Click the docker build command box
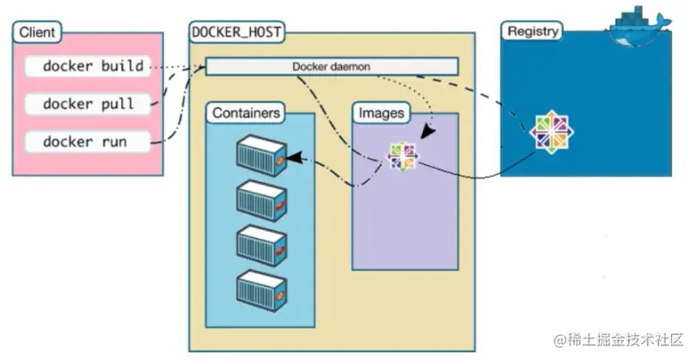point(87,65)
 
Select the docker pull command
point(87,103)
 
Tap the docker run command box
point(87,141)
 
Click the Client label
point(36,34)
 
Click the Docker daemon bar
point(332,66)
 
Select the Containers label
point(246,113)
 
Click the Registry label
point(532,32)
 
